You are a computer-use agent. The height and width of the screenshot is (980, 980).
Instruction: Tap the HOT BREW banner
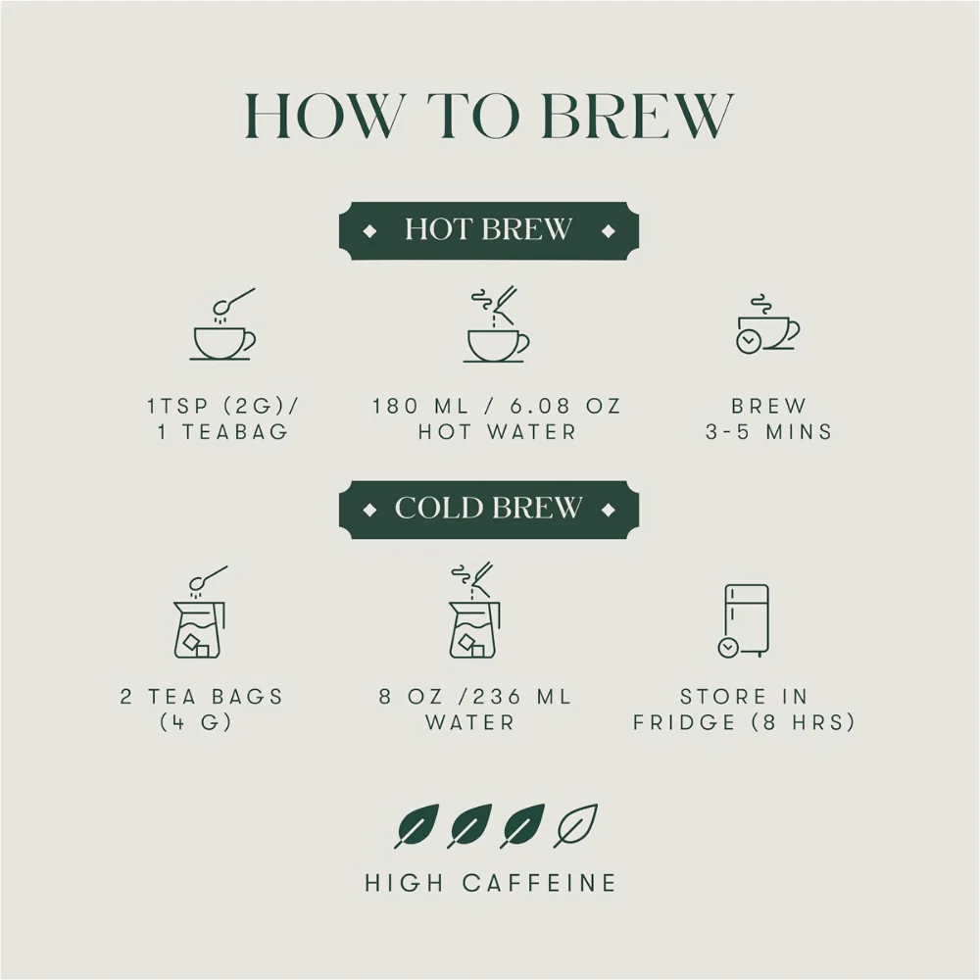point(489,230)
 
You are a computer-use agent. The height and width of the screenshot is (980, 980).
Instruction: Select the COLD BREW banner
point(489,510)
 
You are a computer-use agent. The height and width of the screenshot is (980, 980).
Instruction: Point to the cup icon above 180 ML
point(497,324)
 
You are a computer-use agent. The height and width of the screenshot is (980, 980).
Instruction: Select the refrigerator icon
point(744,620)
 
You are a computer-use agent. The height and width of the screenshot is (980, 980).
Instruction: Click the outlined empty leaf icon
point(575,825)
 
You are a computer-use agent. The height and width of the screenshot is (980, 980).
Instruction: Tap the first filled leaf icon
point(416,825)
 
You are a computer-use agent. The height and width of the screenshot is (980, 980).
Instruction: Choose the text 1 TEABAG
point(223,432)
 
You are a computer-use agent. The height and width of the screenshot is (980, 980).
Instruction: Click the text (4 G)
point(196,722)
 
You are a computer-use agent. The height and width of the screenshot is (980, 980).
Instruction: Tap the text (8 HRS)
point(804,722)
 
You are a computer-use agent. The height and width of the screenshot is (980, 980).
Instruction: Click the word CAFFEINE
point(540,883)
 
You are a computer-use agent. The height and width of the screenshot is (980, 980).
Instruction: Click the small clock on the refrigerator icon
point(727,648)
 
